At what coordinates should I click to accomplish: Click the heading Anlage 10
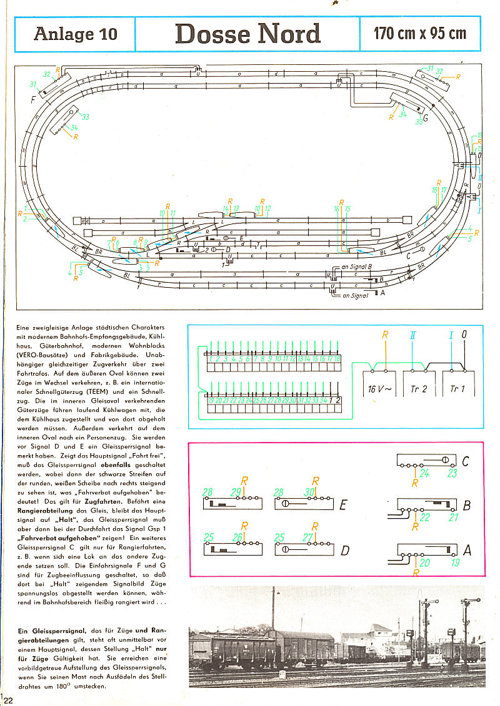point(76,34)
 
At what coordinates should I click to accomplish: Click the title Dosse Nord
point(247,34)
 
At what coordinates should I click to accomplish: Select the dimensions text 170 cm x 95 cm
point(420,33)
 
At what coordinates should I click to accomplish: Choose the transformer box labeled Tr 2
point(419,389)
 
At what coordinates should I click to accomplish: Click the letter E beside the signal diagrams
point(342,503)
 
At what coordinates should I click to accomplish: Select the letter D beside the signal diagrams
point(344,550)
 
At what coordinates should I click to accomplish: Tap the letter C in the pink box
point(465,462)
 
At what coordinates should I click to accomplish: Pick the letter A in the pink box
point(466,551)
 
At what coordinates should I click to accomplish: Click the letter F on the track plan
point(32,99)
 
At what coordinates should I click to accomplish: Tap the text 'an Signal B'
point(357,267)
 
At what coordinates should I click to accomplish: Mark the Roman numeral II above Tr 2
point(412,335)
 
